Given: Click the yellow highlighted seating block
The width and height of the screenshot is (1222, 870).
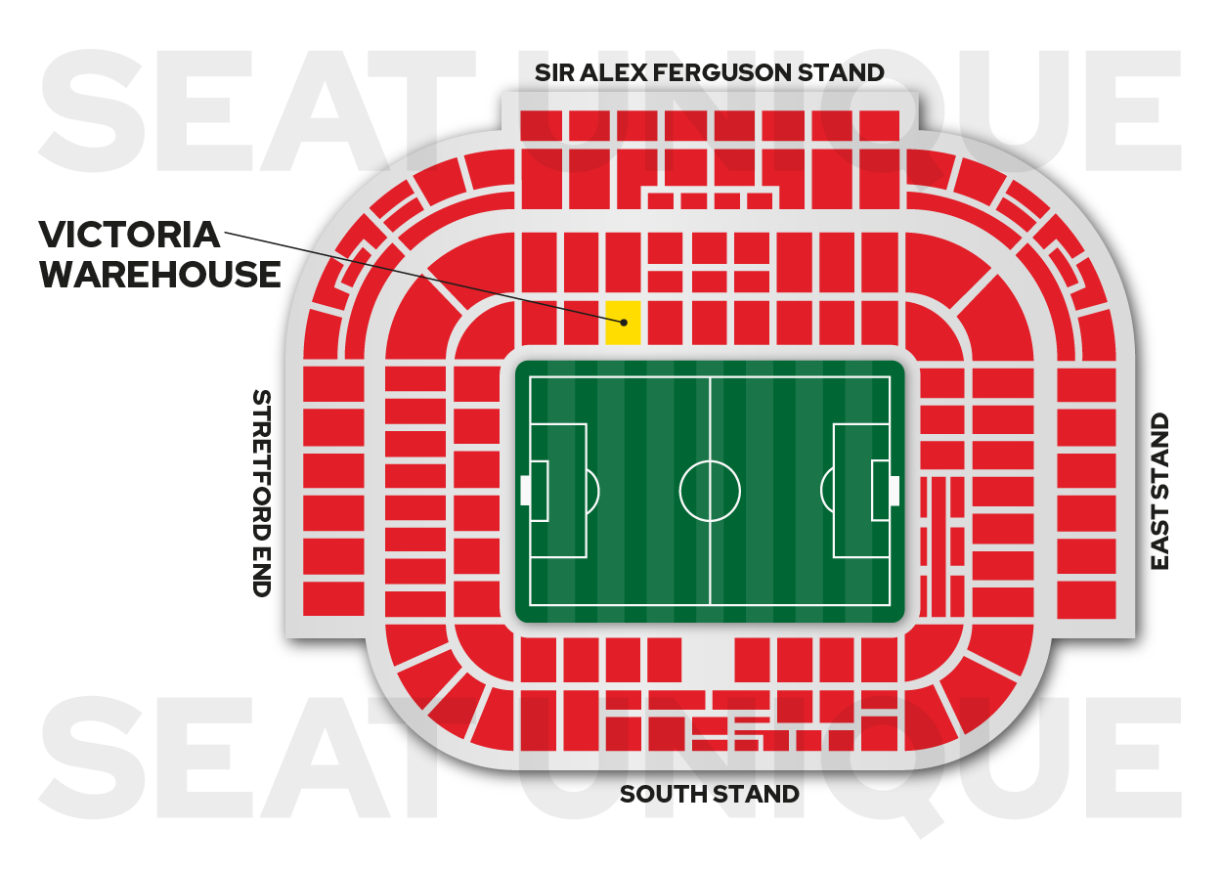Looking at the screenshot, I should pyautogui.click(x=623, y=323).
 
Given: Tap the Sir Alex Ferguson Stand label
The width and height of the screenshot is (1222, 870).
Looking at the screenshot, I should pyautogui.click(x=709, y=72).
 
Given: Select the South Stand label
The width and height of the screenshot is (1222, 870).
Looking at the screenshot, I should pyautogui.click(x=709, y=794).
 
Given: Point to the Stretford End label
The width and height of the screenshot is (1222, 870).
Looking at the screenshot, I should pyautogui.click(x=261, y=493).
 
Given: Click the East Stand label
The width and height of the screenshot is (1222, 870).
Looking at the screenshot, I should pyautogui.click(x=1159, y=492).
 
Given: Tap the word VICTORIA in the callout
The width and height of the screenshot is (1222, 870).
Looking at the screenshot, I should pyautogui.click(x=129, y=235).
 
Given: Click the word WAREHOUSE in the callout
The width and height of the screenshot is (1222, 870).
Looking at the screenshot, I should pyautogui.click(x=159, y=275).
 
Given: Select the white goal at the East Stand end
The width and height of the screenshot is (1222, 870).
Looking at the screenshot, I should pyautogui.click(x=894, y=491).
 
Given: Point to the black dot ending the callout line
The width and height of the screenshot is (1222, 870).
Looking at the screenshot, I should pyautogui.click(x=623, y=321).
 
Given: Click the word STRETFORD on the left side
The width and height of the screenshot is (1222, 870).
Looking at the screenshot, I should pyautogui.click(x=261, y=460).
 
